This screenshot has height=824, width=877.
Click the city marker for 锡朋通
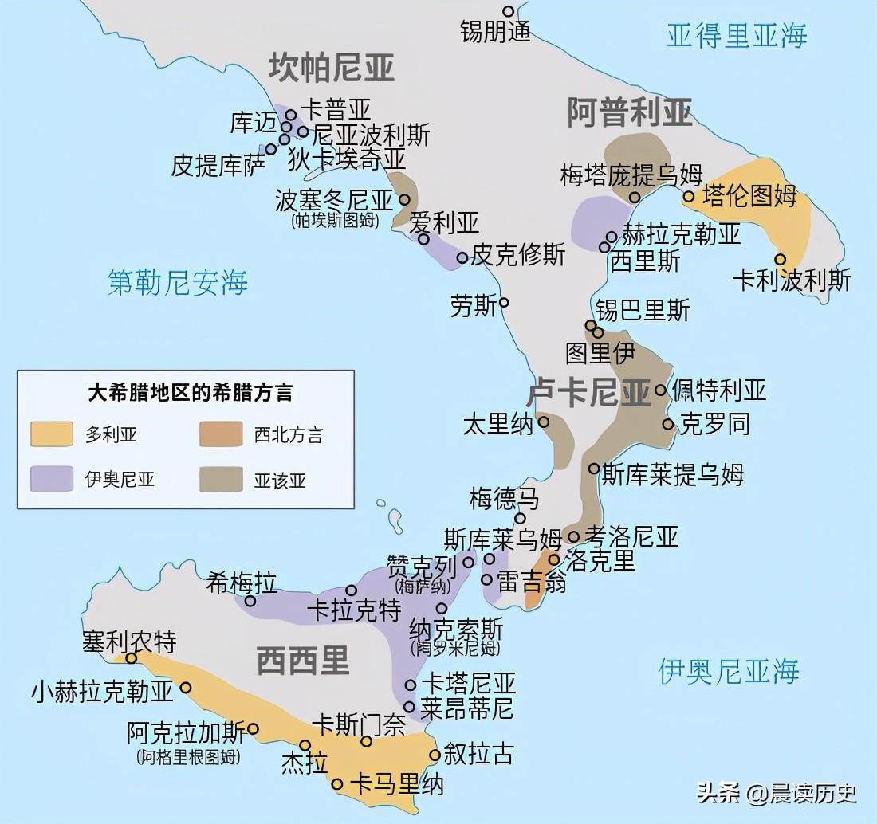[x=509, y=11]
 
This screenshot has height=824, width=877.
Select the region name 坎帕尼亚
[x=331, y=68]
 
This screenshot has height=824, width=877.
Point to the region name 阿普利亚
[x=629, y=112]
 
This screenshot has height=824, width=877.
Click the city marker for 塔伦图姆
[x=689, y=196]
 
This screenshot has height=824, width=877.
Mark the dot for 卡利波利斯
[x=781, y=259]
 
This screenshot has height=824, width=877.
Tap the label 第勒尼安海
[x=178, y=282]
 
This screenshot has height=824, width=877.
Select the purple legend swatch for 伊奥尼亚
[x=52, y=478]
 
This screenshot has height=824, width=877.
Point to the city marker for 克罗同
[x=668, y=424]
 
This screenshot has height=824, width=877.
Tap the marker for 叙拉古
[x=435, y=755]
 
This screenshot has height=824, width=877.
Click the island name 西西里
[x=303, y=660]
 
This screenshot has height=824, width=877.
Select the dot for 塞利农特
[x=132, y=658]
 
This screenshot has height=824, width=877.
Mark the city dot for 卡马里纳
[x=338, y=784]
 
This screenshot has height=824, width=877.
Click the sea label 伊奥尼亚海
[x=728, y=671]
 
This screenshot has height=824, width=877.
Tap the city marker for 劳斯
[x=504, y=303]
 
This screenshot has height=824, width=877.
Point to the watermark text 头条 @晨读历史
[x=777, y=792]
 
